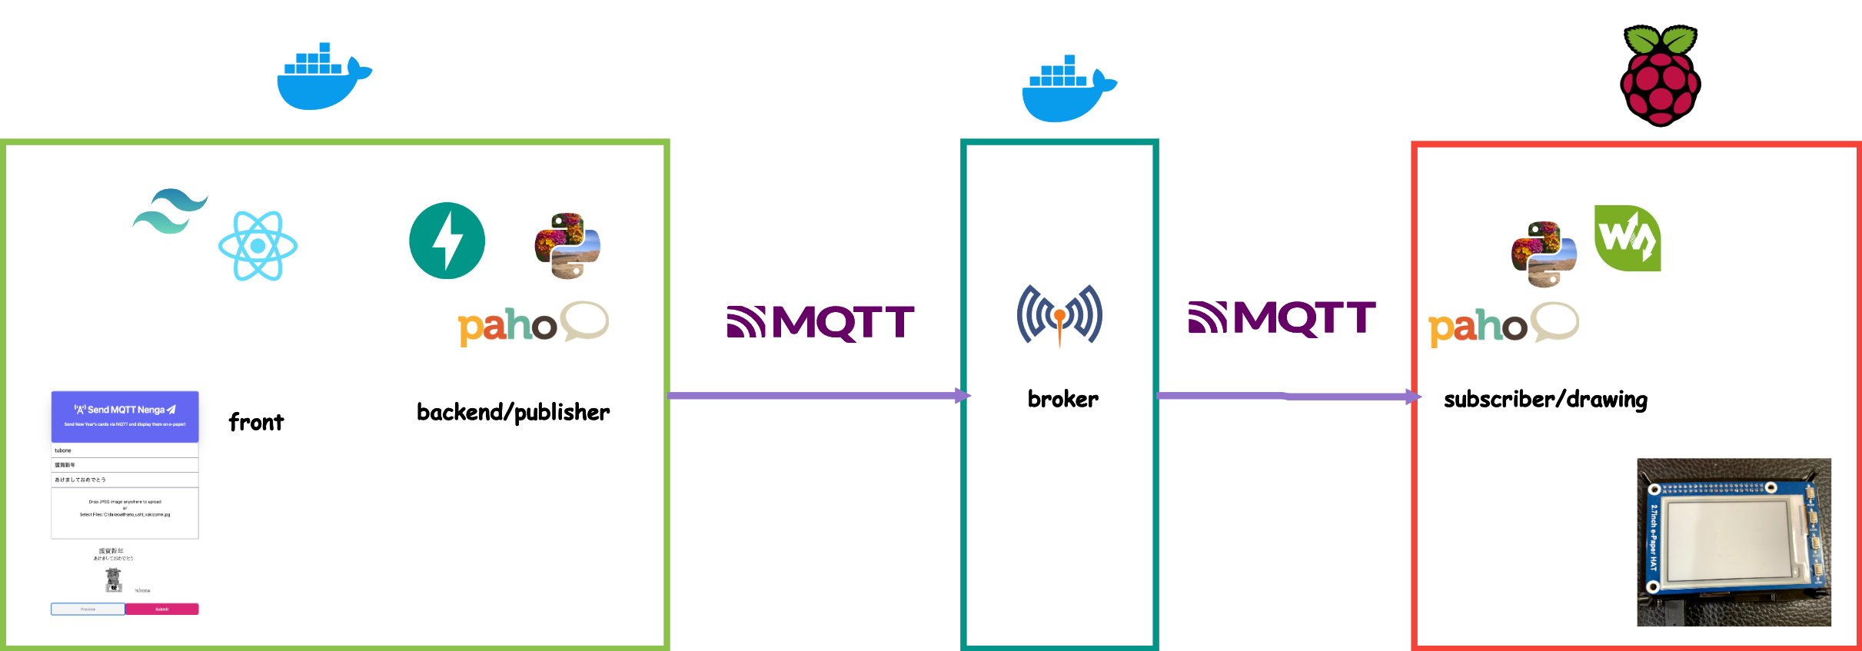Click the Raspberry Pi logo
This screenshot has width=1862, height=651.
[1660, 75]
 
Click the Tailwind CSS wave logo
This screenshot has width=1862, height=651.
[170, 211]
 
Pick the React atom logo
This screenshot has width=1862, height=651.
[258, 246]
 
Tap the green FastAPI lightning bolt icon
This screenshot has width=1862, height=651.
[447, 241]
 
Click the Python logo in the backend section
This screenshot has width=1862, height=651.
[567, 246]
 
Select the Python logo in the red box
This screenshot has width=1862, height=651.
[1544, 254]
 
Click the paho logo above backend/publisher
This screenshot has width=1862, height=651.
[533, 324]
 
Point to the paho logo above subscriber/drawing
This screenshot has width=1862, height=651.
[1503, 324]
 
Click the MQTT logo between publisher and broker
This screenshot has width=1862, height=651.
[820, 322]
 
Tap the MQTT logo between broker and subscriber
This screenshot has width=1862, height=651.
[1282, 318]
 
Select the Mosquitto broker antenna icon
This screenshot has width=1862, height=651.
[1059, 314]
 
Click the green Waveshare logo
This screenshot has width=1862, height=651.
[1628, 238]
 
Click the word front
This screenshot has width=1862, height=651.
[256, 422]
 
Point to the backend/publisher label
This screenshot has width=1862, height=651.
[513, 413]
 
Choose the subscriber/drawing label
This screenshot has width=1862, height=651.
[1545, 400]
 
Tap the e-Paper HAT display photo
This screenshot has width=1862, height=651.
[1734, 542]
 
